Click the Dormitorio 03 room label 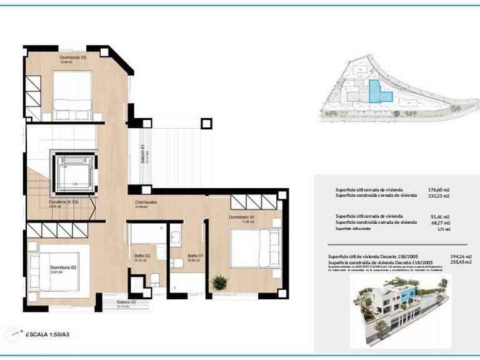[x=72, y=57]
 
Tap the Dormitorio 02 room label [x=63, y=267]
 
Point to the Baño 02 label [x=142, y=256]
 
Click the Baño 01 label [x=195, y=256]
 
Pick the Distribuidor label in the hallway [x=146, y=203]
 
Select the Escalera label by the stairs [x=64, y=202]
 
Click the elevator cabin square [x=74, y=171]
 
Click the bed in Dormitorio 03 [x=72, y=94]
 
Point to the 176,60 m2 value [x=440, y=189]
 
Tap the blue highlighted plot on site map [x=379, y=92]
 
